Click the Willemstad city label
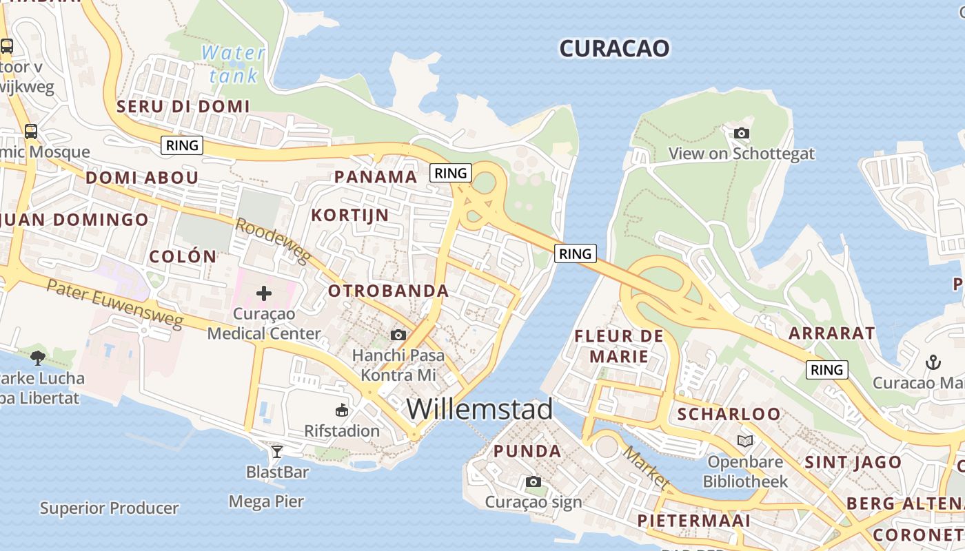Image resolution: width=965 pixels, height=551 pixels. (x=480, y=409)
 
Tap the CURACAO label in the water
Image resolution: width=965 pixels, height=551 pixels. (x=613, y=48)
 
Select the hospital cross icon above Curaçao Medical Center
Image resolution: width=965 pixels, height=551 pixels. (x=263, y=294)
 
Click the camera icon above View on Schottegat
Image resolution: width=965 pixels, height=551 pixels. (x=741, y=134)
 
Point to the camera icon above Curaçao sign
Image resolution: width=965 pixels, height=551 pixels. (x=533, y=482)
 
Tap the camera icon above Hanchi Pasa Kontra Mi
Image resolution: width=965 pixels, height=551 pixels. (x=398, y=335)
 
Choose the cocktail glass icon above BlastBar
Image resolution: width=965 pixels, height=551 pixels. (x=277, y=452)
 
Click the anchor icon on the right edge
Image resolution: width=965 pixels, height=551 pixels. (x=933, y=362)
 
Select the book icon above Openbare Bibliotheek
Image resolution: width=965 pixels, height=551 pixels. (x=744, y=441)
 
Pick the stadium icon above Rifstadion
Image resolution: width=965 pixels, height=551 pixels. (x=341, y=411)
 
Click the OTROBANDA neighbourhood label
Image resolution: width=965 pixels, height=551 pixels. (x=388, y=291)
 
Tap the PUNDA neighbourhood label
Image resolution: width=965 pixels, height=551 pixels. (x=527, y=452)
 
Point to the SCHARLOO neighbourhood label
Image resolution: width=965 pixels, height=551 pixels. (x=729, y=415)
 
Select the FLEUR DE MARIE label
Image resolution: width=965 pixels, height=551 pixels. (x=619, y=346)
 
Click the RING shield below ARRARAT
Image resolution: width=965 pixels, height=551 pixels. (x=826, y=370)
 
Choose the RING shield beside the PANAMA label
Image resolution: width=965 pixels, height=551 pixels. (x=451, y=173)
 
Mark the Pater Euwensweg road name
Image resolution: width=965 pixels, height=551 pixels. (x=115, y=304)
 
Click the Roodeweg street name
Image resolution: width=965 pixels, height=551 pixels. (x=274, y=241)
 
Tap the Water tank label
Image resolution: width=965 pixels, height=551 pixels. (x=233, y=63)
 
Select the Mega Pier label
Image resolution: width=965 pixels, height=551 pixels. (x=267, y=501)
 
